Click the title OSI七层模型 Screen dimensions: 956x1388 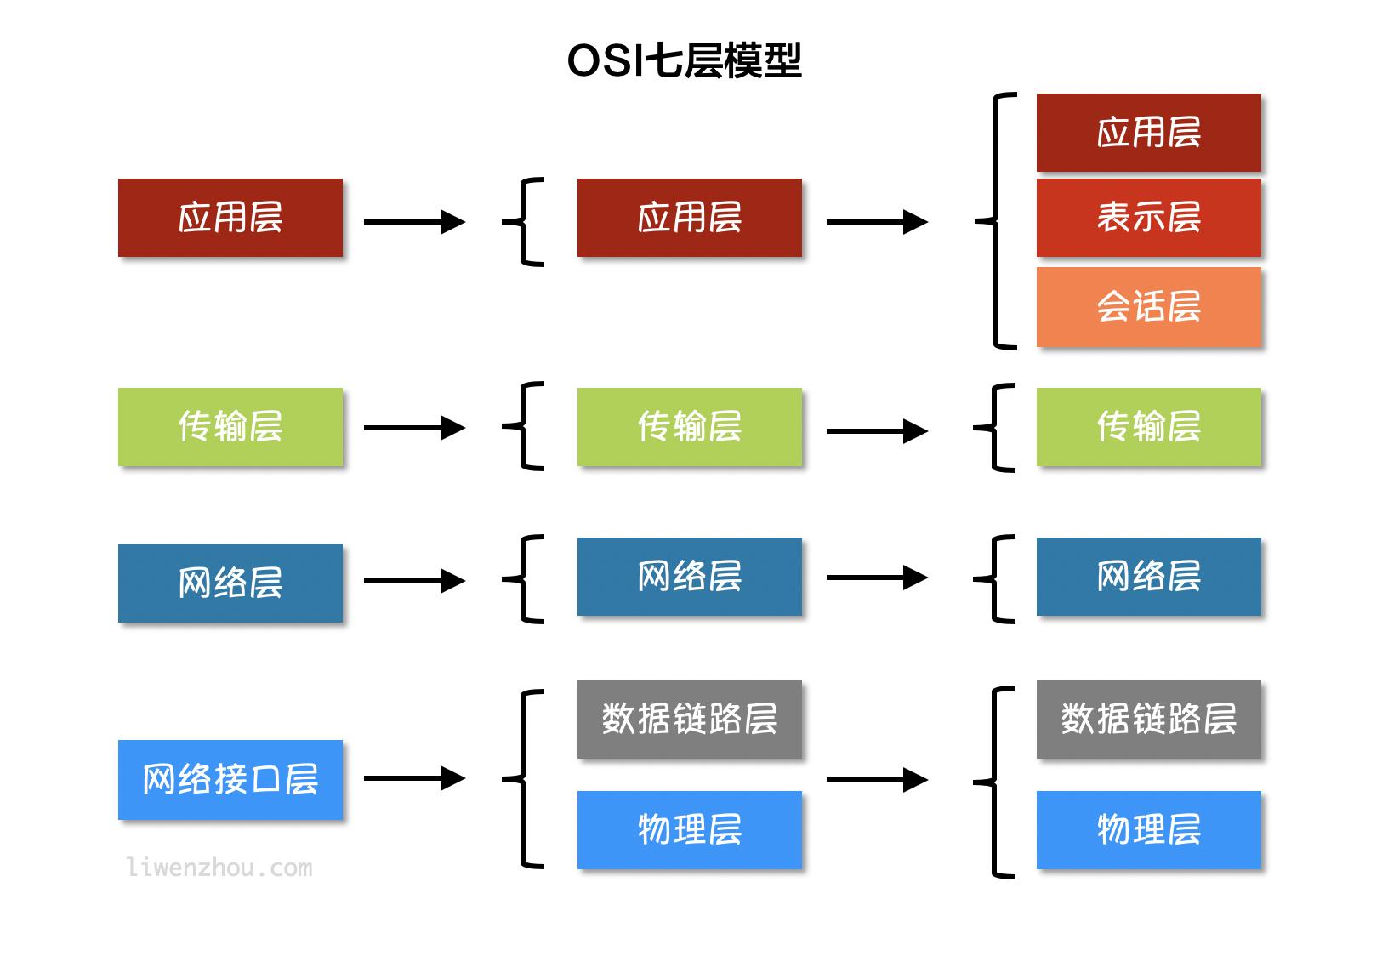(685, 60)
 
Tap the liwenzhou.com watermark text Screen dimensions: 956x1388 (219, 868)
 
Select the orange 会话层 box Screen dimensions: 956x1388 (1148, 306)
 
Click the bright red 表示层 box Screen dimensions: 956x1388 (1148, 218)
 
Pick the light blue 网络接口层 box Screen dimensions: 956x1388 (230, 779)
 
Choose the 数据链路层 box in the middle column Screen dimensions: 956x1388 (689, 719)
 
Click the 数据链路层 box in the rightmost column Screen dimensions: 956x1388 (1148, 719)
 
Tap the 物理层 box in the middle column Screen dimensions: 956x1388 (689, 829)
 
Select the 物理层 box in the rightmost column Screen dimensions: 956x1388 (1148, 829)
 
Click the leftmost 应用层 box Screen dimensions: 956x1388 (230, 218)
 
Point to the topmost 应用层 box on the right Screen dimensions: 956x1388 (1148, 133)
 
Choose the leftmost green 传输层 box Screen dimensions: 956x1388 (230, 426)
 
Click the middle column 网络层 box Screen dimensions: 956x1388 (689, 576)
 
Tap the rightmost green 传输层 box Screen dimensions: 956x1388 (1148, 426)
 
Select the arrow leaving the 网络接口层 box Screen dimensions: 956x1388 (414, 778)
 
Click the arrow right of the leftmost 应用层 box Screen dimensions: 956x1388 (414, 222)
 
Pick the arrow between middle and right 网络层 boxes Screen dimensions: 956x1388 (876, 578)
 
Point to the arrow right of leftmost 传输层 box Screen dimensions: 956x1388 (414, 427)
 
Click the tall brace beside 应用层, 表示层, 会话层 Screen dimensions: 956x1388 (998, 221)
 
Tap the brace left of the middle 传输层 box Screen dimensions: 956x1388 (524, 426)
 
